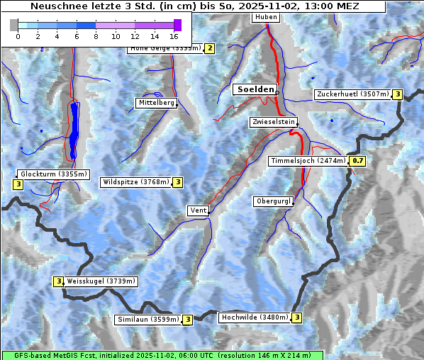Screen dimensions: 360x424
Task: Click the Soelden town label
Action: pos(255,90)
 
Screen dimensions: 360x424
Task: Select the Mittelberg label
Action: pos(156,103)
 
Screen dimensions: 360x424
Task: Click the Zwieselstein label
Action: pos(273,122)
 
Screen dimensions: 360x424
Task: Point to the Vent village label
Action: pos(198,210)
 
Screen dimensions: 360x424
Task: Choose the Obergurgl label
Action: pos(273,201)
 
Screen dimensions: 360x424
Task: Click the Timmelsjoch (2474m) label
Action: pos(308,161)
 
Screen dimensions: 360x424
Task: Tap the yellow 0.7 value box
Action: pos(358,161)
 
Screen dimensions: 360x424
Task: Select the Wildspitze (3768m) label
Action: pos(136,182)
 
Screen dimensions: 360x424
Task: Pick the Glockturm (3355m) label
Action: pos(54,174)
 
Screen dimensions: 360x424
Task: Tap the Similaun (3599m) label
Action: pos(148,320)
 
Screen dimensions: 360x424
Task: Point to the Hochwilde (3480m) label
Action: pos(255,317)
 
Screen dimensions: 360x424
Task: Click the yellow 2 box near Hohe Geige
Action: pos(209,48)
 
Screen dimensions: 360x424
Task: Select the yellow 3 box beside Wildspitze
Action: pos(178,182)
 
